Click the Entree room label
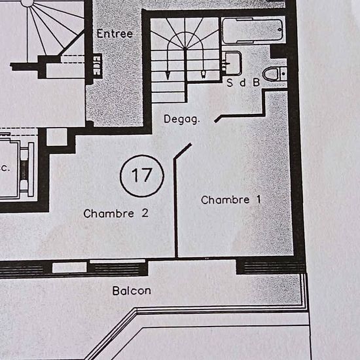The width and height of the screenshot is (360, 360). (115, 34)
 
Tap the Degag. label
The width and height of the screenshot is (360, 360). (182, 119)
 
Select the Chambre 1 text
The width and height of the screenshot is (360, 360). (231, 200)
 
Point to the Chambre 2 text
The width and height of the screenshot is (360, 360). (116, 213)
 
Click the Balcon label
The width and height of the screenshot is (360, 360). (132, 291)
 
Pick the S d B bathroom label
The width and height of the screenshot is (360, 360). (243, 82)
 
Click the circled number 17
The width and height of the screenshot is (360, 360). (142, 176)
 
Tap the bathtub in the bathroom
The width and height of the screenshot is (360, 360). (253, 31)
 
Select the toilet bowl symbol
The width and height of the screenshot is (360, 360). (275, 74)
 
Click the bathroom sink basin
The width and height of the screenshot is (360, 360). (232, 63)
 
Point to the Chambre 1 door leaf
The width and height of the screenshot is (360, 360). (183, 151)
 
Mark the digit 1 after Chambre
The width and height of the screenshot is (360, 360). (259, 200)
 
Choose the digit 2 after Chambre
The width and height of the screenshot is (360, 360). (145, 213)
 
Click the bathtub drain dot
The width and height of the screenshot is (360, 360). (279, 30)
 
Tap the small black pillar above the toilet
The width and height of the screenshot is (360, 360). (278, 52)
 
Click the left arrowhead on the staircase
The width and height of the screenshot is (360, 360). (168, 75)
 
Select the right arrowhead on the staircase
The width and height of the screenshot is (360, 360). (204, 75)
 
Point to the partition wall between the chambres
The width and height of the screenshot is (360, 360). (176, 207)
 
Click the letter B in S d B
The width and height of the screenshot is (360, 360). (257, 82)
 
